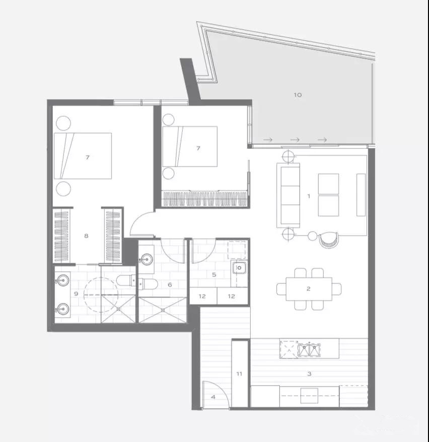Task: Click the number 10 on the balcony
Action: coord(298,95)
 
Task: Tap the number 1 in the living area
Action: coord(309,196)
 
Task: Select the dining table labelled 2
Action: coord(309,289)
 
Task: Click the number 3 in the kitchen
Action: coord(309,374)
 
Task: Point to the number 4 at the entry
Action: coord(213,397)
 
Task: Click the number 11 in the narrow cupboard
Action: coord(239,374)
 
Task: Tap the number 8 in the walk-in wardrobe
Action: coord(86,236)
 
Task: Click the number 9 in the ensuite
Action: coord(76,293)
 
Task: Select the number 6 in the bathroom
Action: coord(170,285)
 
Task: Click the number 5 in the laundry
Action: coord(214,274)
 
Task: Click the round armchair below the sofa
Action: coord(328,240)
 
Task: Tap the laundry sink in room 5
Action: coord(239,268)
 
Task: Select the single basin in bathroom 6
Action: coord(147,259)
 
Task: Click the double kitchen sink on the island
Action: coord(310,349)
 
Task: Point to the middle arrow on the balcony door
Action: coord(295,139)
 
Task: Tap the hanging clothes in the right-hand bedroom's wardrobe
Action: coord(204,199)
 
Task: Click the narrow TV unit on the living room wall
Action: coord(361,195)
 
